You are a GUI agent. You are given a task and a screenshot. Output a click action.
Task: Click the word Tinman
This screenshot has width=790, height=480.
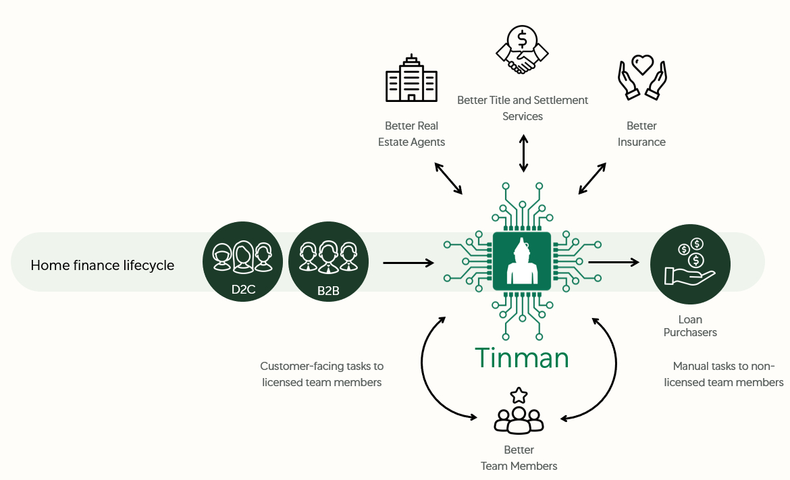coord(521,358)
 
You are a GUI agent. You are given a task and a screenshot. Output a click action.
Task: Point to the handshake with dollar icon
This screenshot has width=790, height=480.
coord(521,50)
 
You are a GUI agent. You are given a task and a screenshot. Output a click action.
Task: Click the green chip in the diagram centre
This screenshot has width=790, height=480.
coord(522,261)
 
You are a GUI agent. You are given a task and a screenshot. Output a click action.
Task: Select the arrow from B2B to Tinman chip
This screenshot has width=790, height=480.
coord(409,262)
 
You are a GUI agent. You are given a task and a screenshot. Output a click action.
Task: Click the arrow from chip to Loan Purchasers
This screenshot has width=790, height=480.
coord(614,262)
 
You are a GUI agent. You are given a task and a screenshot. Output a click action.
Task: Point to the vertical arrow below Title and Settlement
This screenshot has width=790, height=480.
coord(523,153)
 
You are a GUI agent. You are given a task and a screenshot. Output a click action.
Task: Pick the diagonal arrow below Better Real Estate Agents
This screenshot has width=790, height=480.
coord(448,178)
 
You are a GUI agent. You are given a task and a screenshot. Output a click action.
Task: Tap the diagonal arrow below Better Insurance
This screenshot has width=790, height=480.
coord(593,178)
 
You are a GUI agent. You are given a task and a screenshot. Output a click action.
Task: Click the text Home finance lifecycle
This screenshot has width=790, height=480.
coord(103,265)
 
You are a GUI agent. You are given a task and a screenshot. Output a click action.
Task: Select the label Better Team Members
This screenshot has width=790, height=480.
coord(519,458)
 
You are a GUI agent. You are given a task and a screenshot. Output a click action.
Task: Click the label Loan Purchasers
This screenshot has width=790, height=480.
coord(690,325)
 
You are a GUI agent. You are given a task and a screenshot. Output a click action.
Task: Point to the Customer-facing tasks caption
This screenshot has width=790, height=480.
coord(322,374)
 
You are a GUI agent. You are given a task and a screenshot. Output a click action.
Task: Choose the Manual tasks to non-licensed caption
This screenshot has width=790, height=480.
coord(724,374)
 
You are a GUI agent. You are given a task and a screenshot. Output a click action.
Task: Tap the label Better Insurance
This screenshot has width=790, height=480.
coord(641,134)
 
